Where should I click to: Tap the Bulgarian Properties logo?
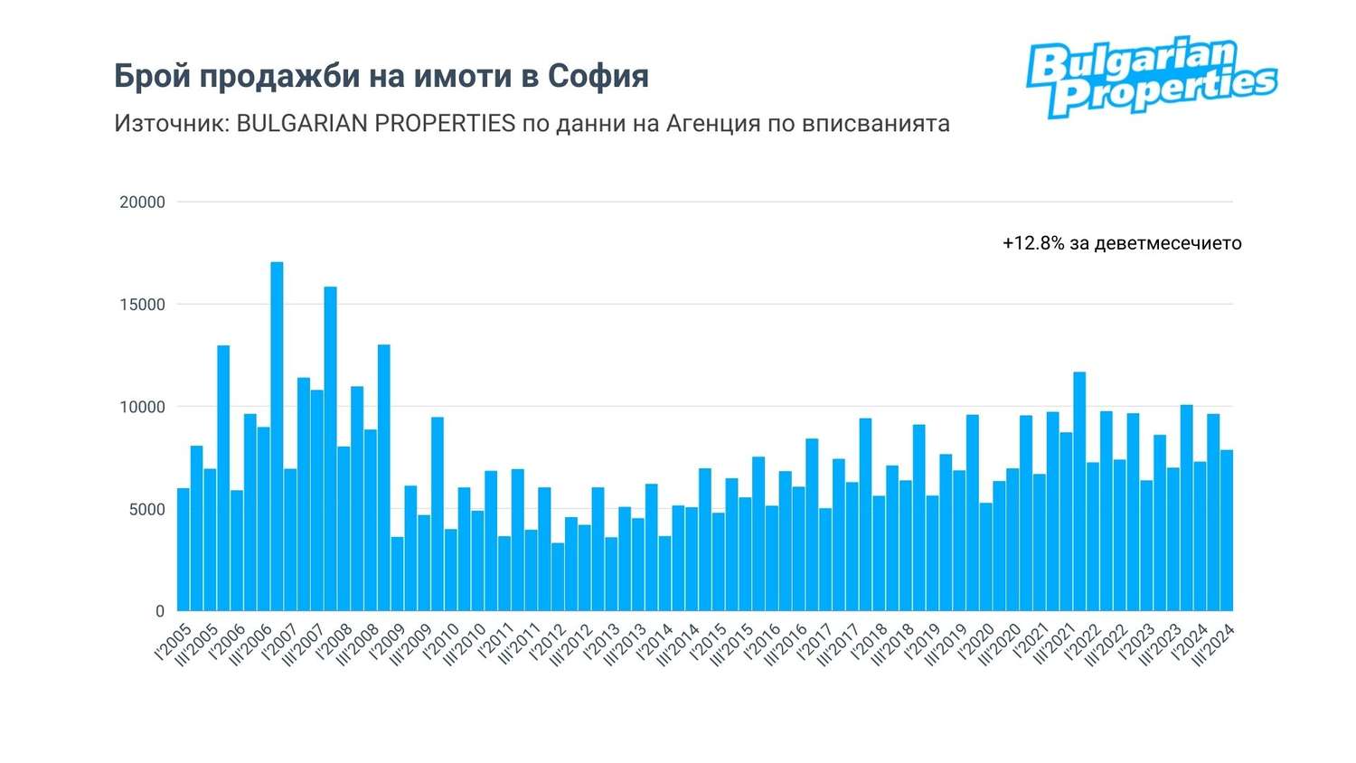pyautogui.click(x=1151, y=77)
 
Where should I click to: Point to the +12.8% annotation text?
pyautogui.click(x=1121, y=243)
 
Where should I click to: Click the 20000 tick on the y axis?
pyautogui.click(x=143, y=203)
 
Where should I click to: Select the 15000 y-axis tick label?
pyautogui.click(x=143, y=305)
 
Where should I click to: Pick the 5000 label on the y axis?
pyautogui.click(x=147, y=510)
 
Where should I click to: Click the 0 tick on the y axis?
pyautogui.click(x=160, y=611)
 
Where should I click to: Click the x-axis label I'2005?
pyautogui.click(x=174, y=641)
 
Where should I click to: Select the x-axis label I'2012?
pyautogui.click(x=548, y=641)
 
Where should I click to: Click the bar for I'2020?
pyautogui.click(x=986, y=557)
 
